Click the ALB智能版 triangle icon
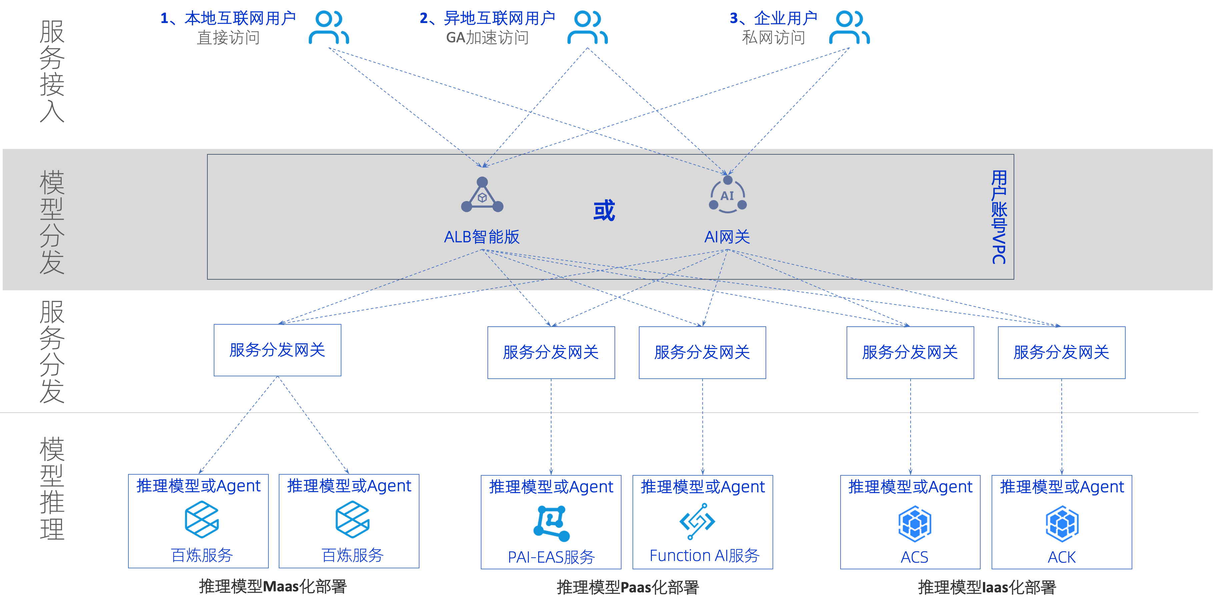[482, 195]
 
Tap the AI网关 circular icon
[728, 195]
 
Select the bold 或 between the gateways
[604, 210]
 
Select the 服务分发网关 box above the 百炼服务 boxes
[277, 350]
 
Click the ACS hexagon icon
[915, 524]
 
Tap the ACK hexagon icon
[1062, 524]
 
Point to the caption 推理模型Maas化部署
[273, 586]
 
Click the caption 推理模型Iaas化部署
[987, 587]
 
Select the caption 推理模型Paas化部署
[628, 587]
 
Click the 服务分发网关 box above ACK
[1061, 352]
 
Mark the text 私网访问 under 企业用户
[773, 38]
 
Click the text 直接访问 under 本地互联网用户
[228, 38]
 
